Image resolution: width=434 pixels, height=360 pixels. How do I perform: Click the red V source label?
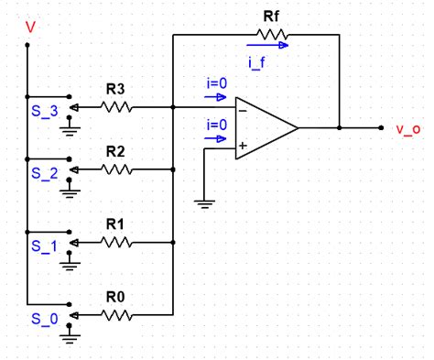click(32, 27)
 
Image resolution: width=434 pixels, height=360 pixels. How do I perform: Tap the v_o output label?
click(408, 129)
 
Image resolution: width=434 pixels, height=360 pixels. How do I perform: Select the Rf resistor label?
click(273, 16)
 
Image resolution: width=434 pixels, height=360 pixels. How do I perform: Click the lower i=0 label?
click(217, 124)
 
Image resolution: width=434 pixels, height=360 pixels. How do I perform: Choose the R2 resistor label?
click(115, 150)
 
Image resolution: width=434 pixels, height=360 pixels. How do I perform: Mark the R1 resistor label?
click(115, 224)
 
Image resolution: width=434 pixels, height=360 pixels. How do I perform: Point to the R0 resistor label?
click(115, 296)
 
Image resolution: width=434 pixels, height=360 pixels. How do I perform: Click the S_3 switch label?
click(43, 110)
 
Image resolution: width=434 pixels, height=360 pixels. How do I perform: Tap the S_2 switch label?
click(43, 171)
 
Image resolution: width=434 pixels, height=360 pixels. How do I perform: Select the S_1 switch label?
click(43, 245)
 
